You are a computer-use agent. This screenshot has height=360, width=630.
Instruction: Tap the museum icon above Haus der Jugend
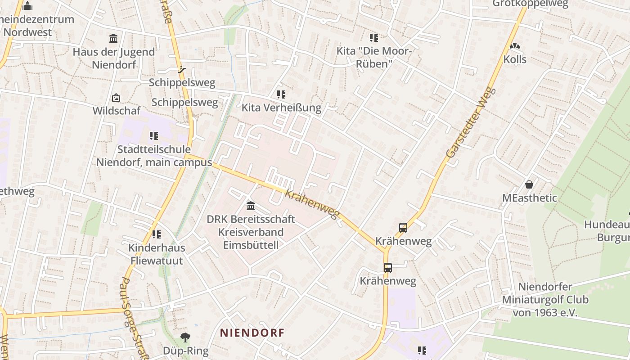(x=113, y=38)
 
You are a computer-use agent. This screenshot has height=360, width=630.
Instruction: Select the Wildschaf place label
(x=117, y=111)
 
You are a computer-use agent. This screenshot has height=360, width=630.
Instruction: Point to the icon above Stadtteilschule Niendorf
(x=154, y=135)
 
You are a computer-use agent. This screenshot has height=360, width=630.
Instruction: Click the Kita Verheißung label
(x=281, y=108)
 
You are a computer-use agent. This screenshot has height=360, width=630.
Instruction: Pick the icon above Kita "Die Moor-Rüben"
(x=374, y=38)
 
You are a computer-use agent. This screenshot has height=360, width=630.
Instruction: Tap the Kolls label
(x=515, y=59)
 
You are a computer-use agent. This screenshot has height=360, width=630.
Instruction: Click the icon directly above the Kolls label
(x=515, y=46)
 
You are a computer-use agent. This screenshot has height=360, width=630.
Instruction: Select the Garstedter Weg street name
(x=471, y=122)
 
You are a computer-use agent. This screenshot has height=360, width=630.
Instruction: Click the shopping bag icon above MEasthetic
(x=529, y=184)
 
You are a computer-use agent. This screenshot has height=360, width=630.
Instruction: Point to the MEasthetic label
(x=530, y=198)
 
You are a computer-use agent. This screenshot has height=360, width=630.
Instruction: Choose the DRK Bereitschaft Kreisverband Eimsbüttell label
(x=251, y=232)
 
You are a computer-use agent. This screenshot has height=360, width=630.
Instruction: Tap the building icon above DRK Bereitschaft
(x=251, y=206)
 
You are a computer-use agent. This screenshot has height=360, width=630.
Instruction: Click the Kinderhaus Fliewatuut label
(x=157, y=254)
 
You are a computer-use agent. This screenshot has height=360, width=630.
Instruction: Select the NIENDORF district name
(x=252, y=333)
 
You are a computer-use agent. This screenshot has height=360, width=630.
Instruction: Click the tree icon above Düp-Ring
(x=185, y=337)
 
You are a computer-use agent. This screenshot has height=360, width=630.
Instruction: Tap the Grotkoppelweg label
(x=531, y=4)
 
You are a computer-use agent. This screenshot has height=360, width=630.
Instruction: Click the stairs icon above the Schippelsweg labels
(x=181, y=70)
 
